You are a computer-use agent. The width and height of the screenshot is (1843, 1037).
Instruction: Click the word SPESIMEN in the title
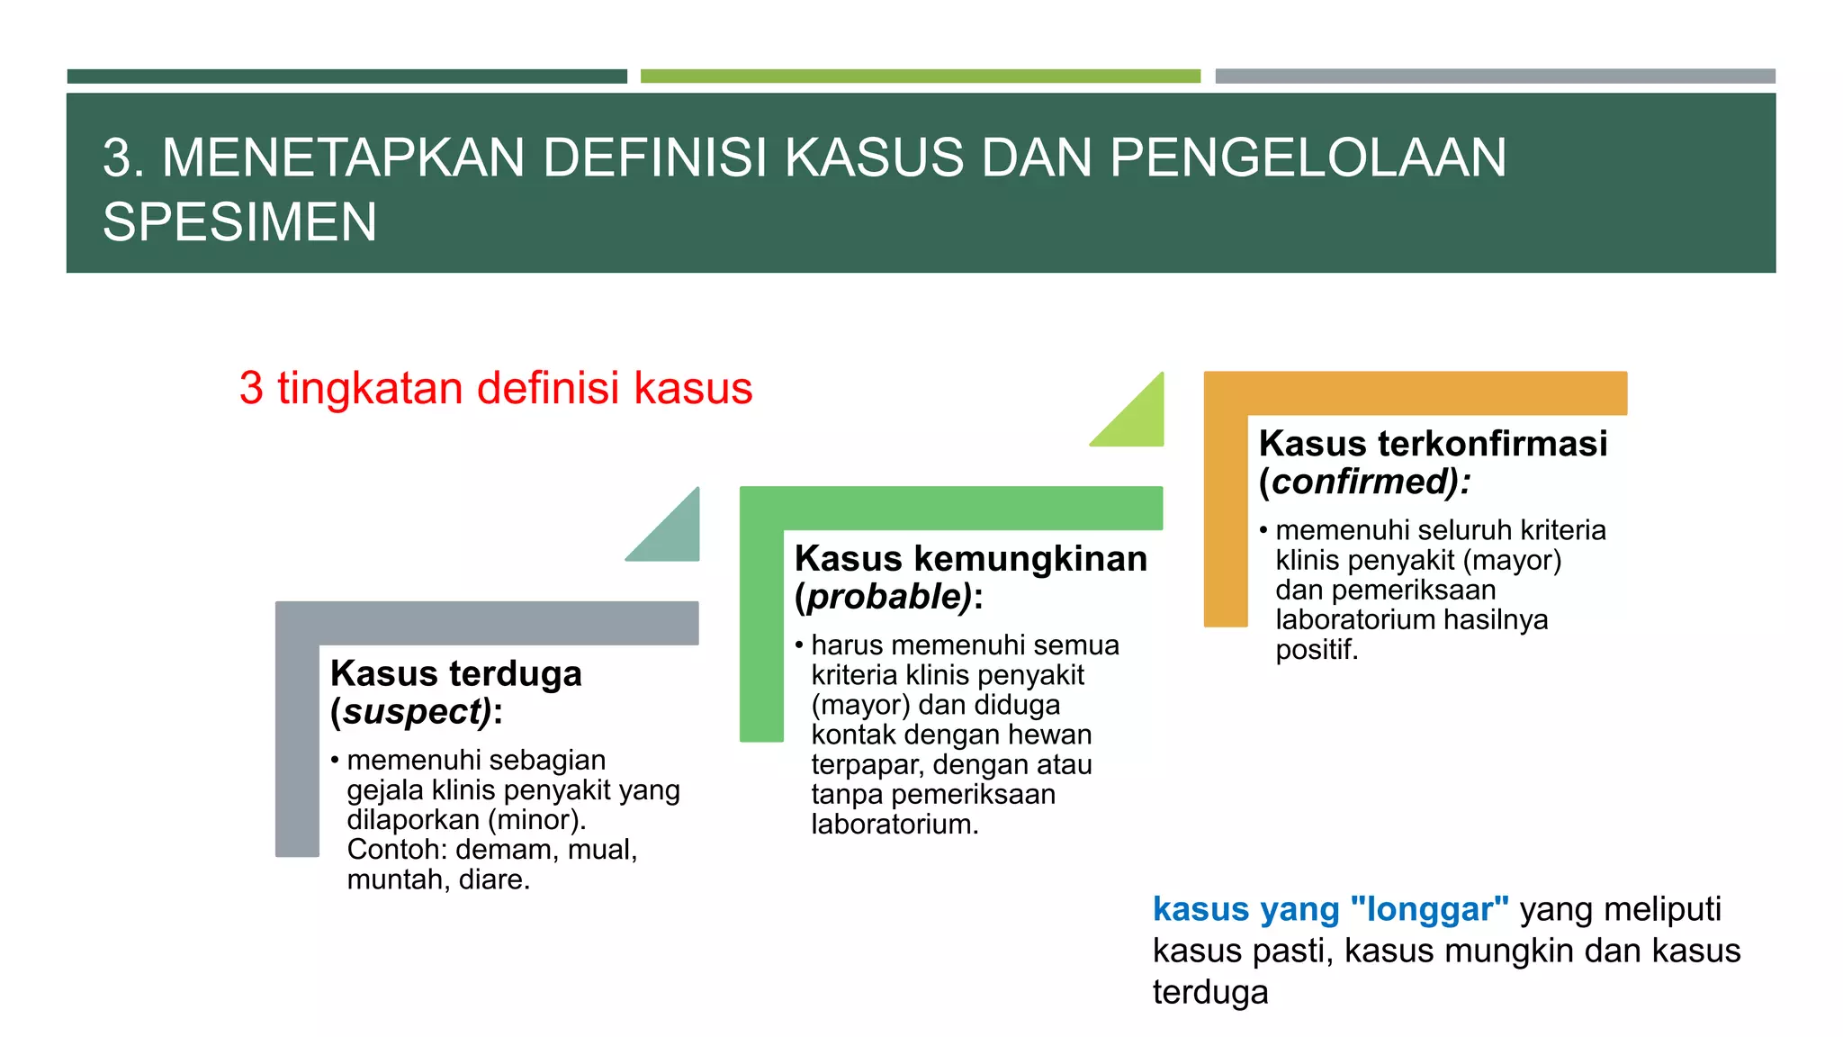pos(239,222)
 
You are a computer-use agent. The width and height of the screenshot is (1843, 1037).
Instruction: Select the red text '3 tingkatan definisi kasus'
pos(495,388)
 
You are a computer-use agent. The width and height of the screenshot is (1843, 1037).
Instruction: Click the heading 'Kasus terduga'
pos(455,673)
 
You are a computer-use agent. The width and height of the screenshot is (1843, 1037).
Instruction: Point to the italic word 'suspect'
pos(416,712)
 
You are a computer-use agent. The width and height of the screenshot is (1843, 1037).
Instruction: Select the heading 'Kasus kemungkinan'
pos(970,558)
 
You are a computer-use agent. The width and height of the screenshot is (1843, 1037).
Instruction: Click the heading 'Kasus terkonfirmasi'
pos(1433,443)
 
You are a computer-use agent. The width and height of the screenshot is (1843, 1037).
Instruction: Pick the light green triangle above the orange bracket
pos(1138,419)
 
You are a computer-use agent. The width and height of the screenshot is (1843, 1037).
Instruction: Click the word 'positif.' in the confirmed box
pos(1316,649)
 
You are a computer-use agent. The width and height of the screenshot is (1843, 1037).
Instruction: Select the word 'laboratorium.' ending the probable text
pos(895,824)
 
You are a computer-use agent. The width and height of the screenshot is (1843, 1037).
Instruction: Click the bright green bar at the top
pos(920,77)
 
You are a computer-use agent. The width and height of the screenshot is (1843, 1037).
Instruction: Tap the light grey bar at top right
pos(1495,77)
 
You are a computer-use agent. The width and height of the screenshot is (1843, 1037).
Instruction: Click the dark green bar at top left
pos(346,77)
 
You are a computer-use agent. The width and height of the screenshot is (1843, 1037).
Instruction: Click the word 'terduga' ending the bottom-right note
pos(1210,992)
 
